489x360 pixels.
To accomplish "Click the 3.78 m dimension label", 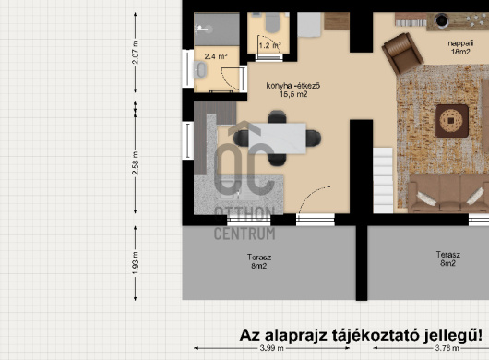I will pyautogui.click(x=447, y=348).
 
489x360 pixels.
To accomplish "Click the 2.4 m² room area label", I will pyautogui.click(x=215, y=55).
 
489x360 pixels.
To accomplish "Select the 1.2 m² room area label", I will pyautogui.click(x=269, y=43).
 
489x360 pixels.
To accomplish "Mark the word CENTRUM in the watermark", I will pyautogui.click(x=244, y=233).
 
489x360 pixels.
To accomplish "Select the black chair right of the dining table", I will pyautogui.click(x=316, y=138).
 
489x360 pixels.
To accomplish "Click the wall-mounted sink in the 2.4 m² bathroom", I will pyautogui.click(x=200, y=70).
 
